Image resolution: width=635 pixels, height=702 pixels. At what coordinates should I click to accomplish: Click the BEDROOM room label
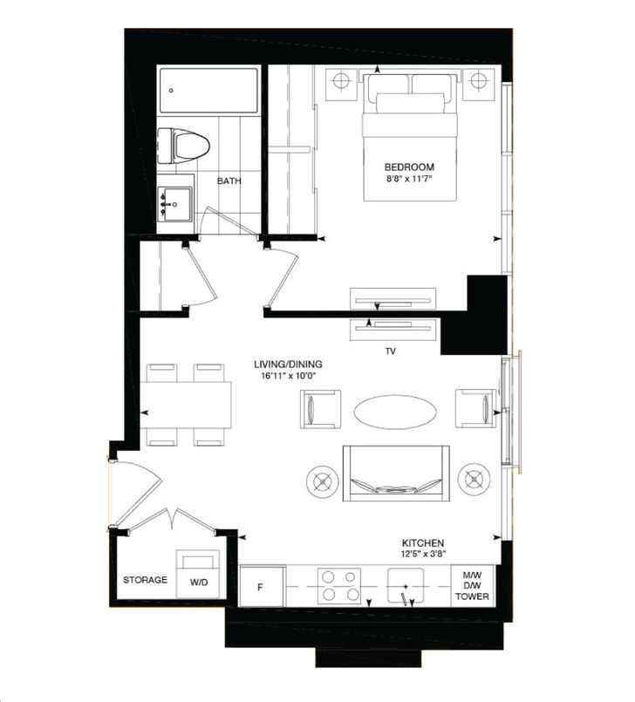pos(409,167)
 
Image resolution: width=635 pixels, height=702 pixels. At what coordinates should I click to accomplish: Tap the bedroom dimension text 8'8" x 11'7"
pos(409,180)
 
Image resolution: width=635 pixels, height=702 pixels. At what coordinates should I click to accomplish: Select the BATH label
pos(229,181)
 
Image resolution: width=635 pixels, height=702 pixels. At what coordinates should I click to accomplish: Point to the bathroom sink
pos(175,203)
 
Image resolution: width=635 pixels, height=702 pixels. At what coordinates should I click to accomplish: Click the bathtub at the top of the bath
pos(208,90)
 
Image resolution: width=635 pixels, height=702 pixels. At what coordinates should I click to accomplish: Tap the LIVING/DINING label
pos(283,364)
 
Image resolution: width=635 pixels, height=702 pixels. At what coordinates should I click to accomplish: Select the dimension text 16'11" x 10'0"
pos(283,376)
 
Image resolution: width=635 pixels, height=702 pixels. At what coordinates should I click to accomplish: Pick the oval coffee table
pos(396,411)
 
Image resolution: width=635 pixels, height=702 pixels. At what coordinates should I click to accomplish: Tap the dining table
pos(186,405)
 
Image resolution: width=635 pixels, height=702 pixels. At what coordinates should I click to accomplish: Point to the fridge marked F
pos(259,586)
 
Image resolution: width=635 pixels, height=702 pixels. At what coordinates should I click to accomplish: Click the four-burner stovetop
pos(340,586)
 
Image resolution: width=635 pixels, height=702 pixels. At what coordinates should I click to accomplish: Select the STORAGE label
pos(145,580)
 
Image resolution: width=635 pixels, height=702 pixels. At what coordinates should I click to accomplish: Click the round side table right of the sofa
pos(474,478)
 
